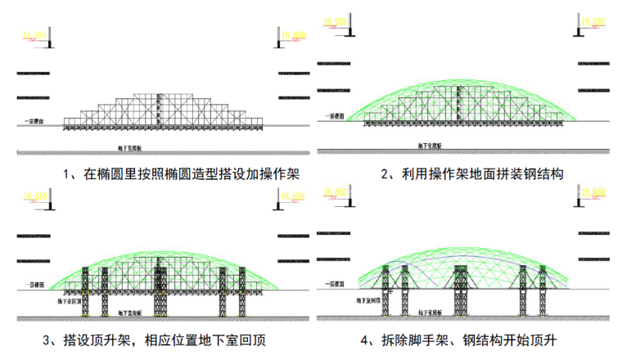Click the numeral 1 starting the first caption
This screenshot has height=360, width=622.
click(65, 173)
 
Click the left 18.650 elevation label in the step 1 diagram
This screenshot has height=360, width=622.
click(32, 34)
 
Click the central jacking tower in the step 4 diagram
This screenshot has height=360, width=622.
click(458, 290)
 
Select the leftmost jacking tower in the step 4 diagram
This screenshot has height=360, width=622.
click(402, 295)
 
